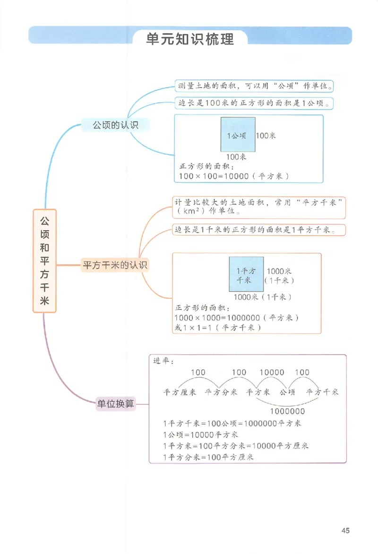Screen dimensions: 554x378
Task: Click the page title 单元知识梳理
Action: click(x=190, y=39)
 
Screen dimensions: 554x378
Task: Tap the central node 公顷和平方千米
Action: click(x=44, y=261)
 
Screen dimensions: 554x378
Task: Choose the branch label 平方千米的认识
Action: click(x=115, y=265)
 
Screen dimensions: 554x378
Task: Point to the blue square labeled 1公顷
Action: click(x=238, y=135)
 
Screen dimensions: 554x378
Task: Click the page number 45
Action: click(x=345, y=530)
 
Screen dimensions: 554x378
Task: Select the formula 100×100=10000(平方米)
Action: click(x=234, y=176)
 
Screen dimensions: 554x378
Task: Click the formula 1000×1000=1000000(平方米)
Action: click(x=236, y=318)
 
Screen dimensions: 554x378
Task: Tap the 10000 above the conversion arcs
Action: click(x=272, y=372)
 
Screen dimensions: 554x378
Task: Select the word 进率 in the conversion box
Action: click(x=163, y=362)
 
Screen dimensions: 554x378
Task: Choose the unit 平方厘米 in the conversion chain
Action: click(x=180, y=392)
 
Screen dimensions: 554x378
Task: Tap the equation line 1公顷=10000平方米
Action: click(x=200, y=434)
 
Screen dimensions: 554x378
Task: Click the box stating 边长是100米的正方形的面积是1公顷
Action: click(x=254, y=103)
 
